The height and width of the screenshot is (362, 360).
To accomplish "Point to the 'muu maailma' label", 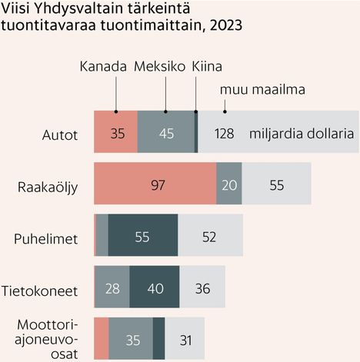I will [x=263, y=91].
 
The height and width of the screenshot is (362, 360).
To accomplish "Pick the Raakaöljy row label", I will [x=48, y=186].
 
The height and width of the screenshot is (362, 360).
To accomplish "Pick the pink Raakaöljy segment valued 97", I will [x=155, y=185].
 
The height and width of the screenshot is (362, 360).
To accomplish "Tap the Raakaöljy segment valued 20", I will [x=229, y=185].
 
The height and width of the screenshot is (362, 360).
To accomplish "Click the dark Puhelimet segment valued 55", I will [x=142, y=237].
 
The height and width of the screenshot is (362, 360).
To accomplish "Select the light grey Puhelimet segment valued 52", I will [x=210, y=237].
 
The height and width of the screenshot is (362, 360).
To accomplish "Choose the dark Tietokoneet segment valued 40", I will [x=155, y=288].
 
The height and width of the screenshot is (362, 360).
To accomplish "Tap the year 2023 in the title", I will [x=222, y=25].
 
